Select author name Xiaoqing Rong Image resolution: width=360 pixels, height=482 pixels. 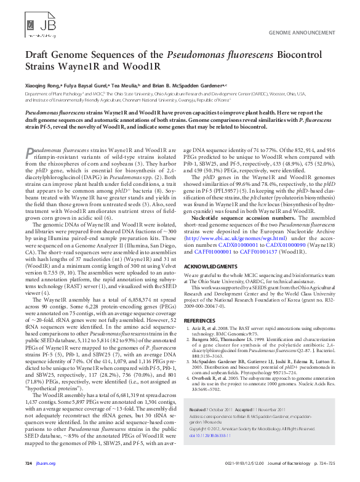pyautogui.click(x=42, y=84)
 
